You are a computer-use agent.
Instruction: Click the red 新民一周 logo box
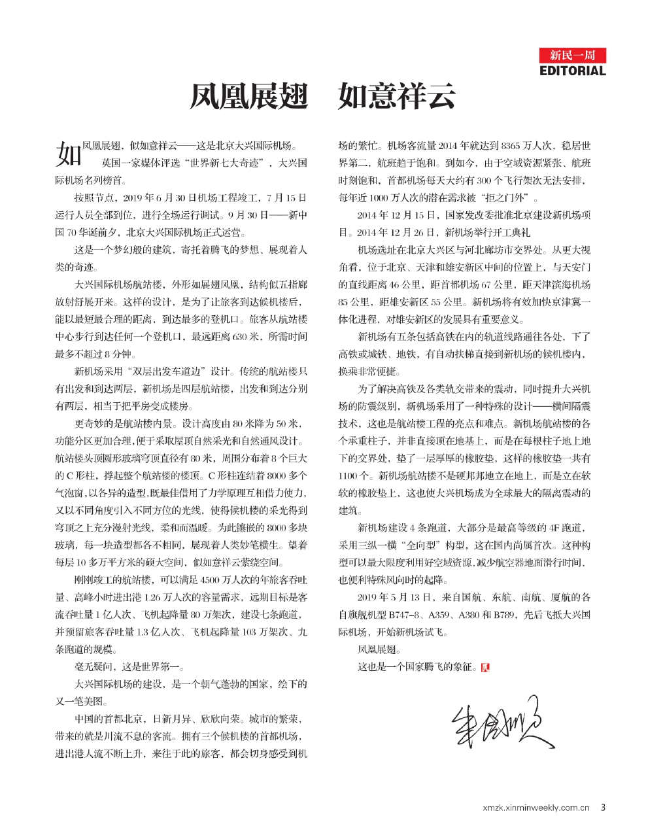pyautogui.click(x=572, y=55)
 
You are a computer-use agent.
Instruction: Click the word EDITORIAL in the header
pyautogui.click(x=572, y=71)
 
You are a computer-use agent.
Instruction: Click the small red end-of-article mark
pyautogui.click(x=484, y=668)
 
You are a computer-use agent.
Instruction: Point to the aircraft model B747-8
pyautogui.click(x=407, y=615)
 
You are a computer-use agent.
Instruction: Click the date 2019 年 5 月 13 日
pyautogui.click(x=395, y=597)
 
